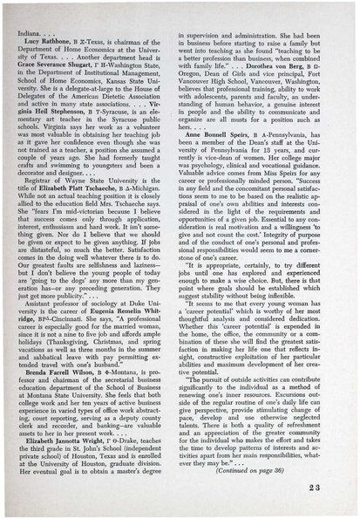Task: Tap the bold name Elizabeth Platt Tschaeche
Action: [89, 176]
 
